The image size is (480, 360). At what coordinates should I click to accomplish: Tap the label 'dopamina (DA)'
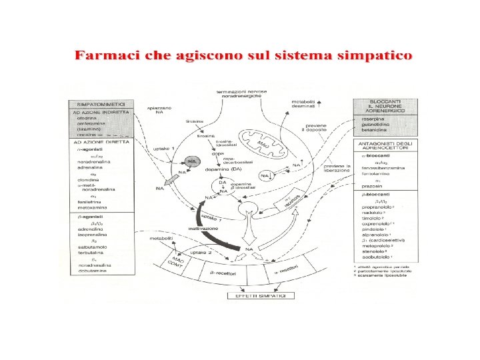point(221,169)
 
